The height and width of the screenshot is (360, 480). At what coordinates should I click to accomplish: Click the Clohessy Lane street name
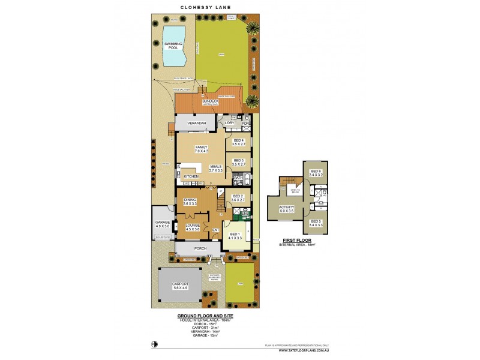pyautogui.click(x=205, y=8)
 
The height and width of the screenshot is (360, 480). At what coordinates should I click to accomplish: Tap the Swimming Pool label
pyautogui.click(x=174, y=45)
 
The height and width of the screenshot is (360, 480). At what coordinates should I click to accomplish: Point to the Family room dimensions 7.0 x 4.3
pyautogui.click(x=200, y=152)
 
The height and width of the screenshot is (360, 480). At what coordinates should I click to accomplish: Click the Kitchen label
pyautogui.click(x=191, y=176)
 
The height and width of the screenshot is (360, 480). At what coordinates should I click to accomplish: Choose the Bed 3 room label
pyautogui.click(x=239, y=160)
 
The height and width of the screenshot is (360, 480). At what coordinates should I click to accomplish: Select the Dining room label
pyautogui.click(x=190, y=200)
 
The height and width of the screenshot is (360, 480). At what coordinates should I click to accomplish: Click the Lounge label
pyautogui.click(x=192, y=226)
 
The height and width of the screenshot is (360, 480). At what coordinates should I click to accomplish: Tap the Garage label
pyautogui.click(x=163, y=222)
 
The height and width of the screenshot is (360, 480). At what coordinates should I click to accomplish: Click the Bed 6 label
pyautogui.click(x=316, y=172)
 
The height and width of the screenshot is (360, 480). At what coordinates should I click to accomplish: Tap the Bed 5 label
pyautogui.click(x=316, y=221)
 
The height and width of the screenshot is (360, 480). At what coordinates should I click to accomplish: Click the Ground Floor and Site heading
pyautogui.click(x=205, y=316)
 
